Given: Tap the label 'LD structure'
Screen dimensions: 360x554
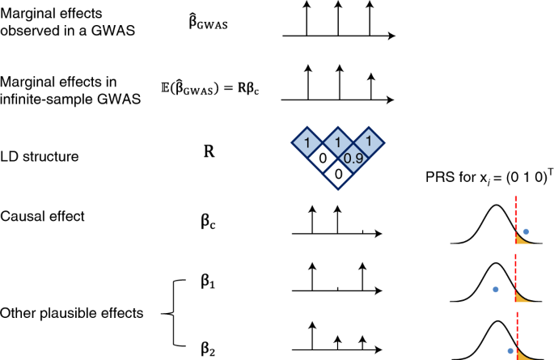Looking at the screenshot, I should pyautogui.click(x=36, y=155).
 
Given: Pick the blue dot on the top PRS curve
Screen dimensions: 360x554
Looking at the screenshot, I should pyautogui.click(x=527, y=231).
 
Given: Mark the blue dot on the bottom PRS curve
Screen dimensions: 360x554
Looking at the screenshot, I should pyautogui.click(x=510, y=350).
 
